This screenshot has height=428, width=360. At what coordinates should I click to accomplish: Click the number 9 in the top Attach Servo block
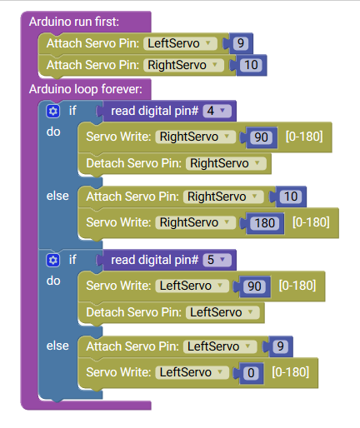[x=241, y=43]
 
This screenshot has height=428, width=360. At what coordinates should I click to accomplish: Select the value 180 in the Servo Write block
[x=265, y=223]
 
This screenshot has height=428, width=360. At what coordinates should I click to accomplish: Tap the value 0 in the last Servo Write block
[x=251, y=373]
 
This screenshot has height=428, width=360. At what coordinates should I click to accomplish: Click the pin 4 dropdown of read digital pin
[x=217, y=111]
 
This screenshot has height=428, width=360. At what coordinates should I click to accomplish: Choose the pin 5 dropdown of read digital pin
[x=217, y=260]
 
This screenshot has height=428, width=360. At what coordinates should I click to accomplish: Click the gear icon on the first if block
[x=52, y=112]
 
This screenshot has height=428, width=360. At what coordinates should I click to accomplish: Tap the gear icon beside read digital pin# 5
[x=52, y=261]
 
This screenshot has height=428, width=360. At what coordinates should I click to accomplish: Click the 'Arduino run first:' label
[x=74, y=22]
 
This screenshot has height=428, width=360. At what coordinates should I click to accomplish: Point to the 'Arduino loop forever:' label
[x=86, y=89]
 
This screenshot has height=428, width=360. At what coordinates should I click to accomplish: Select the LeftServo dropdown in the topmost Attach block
[x=180, y=43]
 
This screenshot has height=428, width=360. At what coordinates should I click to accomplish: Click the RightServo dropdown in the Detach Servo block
[x=226, y=163]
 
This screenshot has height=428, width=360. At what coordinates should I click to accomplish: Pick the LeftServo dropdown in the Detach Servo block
[x=222, y=312]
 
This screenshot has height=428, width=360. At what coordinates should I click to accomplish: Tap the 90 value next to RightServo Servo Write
[x=261, y=137]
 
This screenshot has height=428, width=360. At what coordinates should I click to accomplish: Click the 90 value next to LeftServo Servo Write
[x=254, y=286]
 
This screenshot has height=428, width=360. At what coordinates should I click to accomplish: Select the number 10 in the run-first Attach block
[x=251, y=65]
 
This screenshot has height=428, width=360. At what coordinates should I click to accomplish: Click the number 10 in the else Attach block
[x=291, y=197]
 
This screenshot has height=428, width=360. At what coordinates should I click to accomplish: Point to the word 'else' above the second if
[x=57, y=196]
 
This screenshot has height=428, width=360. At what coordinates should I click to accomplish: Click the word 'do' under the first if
[x=53, y=132]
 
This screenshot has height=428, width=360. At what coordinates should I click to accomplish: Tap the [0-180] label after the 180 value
[x=311, y=222]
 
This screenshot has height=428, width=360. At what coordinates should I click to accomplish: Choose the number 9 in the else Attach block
[x=280, y=346]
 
